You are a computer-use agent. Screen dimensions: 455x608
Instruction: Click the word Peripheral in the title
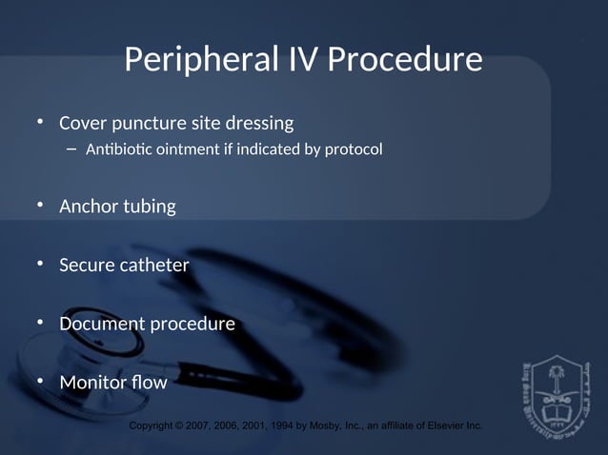[201, 60]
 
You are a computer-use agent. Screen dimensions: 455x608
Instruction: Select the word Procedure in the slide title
[405, 60]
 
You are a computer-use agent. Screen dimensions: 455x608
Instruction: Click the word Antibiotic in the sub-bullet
[119, 149]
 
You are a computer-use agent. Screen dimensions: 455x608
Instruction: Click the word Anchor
[88, 206]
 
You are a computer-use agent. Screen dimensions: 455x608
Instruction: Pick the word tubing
[149, 206]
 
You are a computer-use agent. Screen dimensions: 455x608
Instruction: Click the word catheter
[155, 265]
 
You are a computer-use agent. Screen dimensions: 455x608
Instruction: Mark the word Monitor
[93, 383]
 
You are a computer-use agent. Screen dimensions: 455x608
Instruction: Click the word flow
[150, 383]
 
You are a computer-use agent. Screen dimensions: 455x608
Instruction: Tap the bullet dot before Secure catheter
[40, 265]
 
